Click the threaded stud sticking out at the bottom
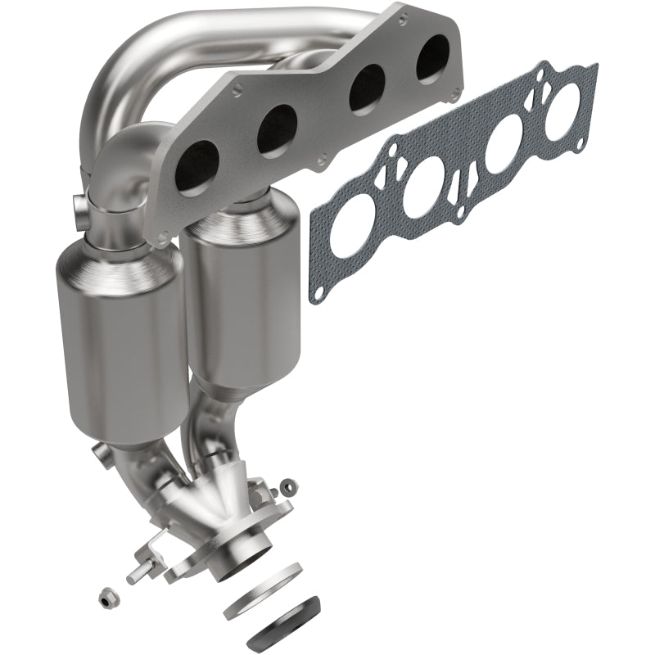pyautogui.click(x=135, y=573)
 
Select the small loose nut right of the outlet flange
pyautogui.click(x=289, y=486)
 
